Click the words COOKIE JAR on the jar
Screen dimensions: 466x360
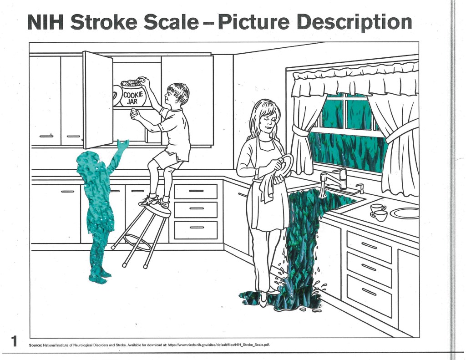coord(133,98)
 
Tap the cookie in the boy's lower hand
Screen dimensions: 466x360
coord(134,112)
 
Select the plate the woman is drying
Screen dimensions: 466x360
coord(286,165)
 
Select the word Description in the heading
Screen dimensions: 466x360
coord(354,22)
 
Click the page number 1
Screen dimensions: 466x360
coord(14,341)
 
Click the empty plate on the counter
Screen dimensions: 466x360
coord(405,213)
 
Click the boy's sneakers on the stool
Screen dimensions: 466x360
coord(155,201)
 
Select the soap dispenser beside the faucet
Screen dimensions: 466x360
coord(360,188)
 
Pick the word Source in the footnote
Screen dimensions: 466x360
coord(35,345)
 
